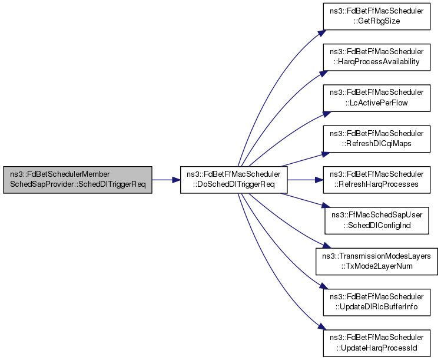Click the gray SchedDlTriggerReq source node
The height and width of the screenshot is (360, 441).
(78, 180)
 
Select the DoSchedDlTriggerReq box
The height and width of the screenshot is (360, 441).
(234, 180)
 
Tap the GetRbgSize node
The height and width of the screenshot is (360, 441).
(377, 16)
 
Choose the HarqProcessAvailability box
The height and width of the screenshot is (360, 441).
(377, 57)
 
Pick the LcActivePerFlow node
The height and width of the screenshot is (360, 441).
(377, 98)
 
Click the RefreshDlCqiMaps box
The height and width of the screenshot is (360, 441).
(377, 139)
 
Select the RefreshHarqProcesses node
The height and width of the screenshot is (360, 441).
(377, 180)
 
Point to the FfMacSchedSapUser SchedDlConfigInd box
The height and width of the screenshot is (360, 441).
(377, 221)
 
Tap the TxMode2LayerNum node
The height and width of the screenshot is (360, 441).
(377, 262)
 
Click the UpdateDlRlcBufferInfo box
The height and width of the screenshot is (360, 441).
(377, 302)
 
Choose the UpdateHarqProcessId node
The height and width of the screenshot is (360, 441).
(377, 343)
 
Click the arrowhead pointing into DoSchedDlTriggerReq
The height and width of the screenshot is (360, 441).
(177, 180)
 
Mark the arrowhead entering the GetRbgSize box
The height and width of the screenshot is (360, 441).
(322, 32)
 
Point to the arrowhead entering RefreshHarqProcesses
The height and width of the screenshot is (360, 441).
(319, 180)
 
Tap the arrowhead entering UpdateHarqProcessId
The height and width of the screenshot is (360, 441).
(322, 326)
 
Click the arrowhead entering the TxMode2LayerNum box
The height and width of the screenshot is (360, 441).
(327, 246)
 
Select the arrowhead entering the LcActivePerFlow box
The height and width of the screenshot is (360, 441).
(327, 114)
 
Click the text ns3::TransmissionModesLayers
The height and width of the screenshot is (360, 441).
(377, 256)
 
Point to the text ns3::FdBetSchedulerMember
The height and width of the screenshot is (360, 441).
(60, 174)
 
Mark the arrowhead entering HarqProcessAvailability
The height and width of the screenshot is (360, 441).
(324, 74)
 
